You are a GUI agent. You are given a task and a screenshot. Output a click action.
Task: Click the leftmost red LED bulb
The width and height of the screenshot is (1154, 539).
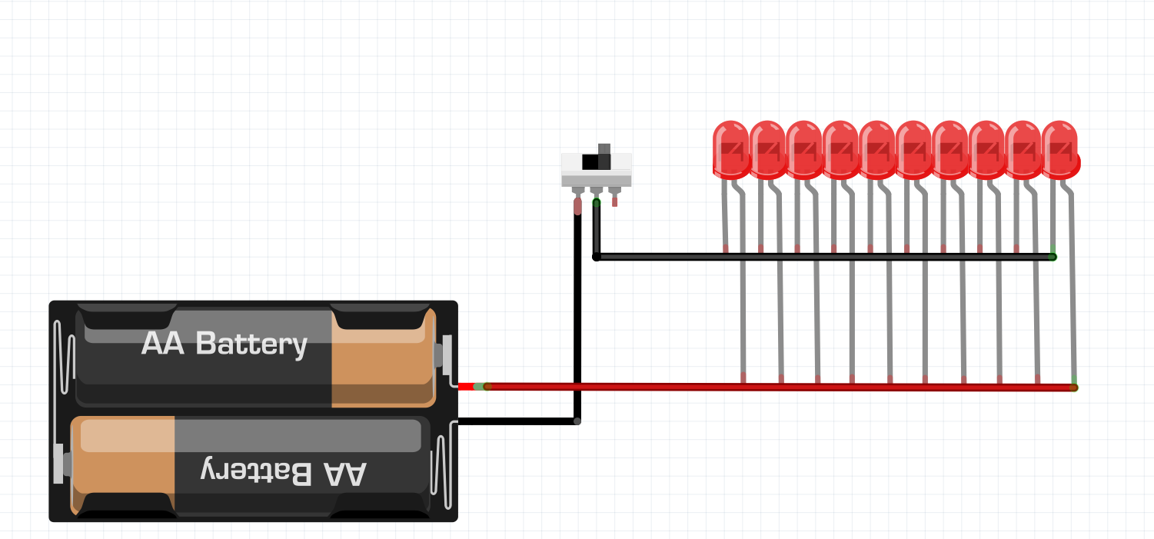[730, 149]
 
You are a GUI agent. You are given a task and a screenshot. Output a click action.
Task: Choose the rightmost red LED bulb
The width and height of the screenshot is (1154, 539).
[1060, 149]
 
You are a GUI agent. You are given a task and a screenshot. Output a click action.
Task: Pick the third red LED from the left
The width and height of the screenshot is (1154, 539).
[803, 149]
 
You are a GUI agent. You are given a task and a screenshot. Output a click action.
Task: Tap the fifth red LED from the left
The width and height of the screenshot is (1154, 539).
[876, 149]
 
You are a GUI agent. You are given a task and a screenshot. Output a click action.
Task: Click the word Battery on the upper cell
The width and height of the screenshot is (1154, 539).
[251, 344]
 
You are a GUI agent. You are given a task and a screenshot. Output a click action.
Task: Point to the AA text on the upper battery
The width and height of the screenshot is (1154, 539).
[163, 343]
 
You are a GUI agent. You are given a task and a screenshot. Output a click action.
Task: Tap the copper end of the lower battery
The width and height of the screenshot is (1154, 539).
[123, 465]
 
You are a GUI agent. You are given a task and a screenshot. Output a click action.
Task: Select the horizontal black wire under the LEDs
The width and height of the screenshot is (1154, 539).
[823, 256]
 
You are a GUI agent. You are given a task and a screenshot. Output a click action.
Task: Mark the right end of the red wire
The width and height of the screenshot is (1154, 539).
[1073, 388]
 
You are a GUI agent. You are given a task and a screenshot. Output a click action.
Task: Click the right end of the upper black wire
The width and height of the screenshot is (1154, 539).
[1053, 257]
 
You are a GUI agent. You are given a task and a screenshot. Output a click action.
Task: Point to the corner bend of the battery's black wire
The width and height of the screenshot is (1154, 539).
[577, 421]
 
